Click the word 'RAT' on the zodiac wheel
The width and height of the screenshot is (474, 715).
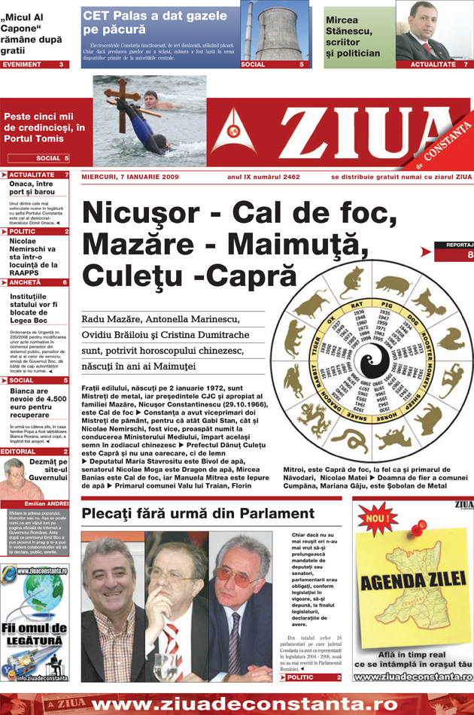coord(357,304)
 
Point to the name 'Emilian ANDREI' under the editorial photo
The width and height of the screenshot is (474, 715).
coord(45,504)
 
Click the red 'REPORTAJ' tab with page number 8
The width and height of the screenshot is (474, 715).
coord(458,251)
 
